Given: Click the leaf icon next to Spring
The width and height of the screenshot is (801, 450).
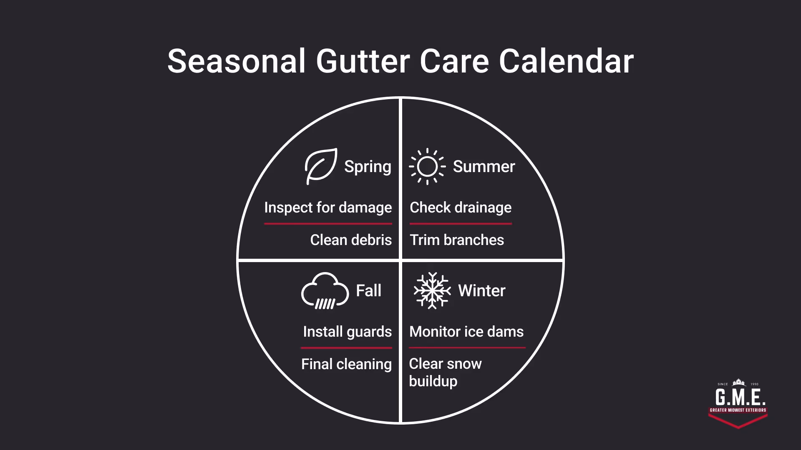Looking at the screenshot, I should pos(320,166).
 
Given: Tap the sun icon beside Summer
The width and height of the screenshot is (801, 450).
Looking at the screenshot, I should pos(427,166).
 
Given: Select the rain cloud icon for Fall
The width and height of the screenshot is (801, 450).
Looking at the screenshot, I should pos(325,291).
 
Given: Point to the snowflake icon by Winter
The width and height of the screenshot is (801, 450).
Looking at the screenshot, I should pos(432,290).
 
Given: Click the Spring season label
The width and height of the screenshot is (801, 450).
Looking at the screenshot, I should pos(368,167).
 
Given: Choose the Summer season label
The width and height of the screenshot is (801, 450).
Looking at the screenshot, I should pos(484,167).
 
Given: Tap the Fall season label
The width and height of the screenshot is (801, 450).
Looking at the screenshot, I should pos(368,290).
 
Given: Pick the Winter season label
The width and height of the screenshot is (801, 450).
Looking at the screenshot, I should pos(481,290).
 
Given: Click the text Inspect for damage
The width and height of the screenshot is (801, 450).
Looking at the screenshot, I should pos(328,207).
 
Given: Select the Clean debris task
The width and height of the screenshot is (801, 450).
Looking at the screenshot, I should pos(351,240).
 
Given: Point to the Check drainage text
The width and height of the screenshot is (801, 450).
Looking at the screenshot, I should pos(461,207).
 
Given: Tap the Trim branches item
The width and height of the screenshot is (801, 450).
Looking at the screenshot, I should pos(457,240).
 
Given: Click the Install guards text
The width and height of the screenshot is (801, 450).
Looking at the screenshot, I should pos(347,332).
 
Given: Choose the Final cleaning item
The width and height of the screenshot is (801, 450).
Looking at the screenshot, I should pos(346,364).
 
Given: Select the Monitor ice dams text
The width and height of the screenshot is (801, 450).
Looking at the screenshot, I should pos(466,332).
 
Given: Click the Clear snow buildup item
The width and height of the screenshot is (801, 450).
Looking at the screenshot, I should pos(445,372).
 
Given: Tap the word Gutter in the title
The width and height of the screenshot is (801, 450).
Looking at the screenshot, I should pos(363,61).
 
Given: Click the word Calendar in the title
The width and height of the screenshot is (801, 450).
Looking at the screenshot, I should pos(566,61).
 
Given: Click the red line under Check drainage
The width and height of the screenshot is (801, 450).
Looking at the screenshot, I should pos(461,224).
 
